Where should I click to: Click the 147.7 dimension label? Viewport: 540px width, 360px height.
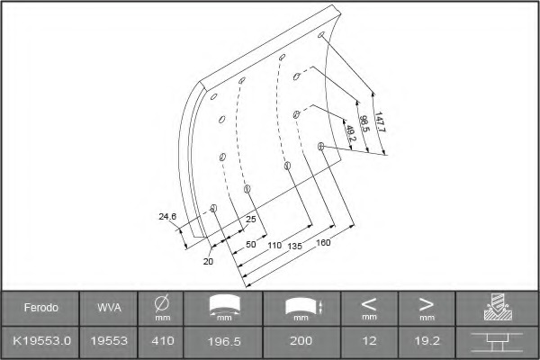click(380, 122)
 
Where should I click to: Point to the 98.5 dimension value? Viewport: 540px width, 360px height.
click(364, 123)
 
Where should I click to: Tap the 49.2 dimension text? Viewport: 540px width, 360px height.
click(350, 133)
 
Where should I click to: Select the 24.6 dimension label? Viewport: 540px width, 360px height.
click(167, 216)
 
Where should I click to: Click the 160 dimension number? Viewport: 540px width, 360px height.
click(323, 242)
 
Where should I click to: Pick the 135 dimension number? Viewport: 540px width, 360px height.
click(295, 246)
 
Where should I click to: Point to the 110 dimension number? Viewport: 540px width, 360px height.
click(274, 246)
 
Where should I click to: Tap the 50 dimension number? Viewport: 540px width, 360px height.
click(251, 244)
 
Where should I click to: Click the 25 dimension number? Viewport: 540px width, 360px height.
click(251, 219)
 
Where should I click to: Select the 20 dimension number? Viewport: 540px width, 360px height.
click(208, 262)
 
